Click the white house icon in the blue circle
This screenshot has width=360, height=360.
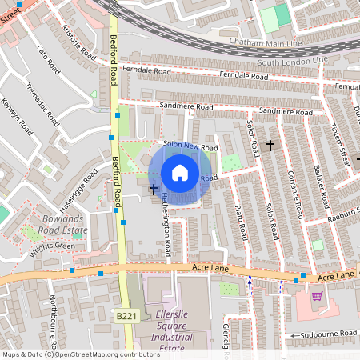(x=180, y=172)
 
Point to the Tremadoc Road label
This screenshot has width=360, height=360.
(x=42, y=105)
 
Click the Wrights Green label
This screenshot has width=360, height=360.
(x=53, y=246)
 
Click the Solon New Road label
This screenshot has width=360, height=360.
(x=190, y=147)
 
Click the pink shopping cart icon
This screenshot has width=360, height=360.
(x=317, y=296)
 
